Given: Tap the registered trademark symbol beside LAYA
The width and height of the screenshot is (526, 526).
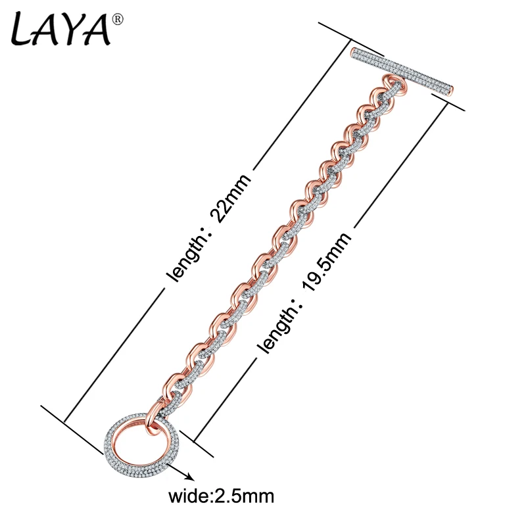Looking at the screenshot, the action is (118, 20).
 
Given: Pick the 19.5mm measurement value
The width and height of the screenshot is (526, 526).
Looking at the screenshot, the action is (327, 262).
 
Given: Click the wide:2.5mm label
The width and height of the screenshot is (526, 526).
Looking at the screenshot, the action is (221, 496).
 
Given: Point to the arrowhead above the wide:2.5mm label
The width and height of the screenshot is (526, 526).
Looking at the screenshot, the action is (189, 477).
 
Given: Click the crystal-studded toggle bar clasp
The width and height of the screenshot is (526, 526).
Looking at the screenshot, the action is (402, 72).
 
